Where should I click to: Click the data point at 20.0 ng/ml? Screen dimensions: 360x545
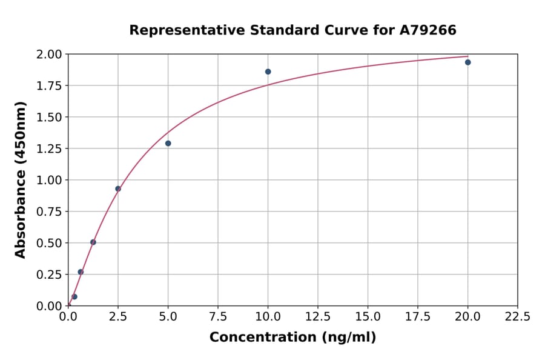point(467,62)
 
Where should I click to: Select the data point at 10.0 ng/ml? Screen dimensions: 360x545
point(268,72)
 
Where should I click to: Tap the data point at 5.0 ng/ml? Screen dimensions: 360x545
point(168,144)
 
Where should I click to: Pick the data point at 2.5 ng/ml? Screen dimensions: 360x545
point(118,188)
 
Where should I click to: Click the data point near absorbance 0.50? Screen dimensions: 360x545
point(93,242)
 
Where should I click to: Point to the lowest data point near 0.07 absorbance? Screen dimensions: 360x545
point(74,297)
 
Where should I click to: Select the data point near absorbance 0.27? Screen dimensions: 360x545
point(81,272)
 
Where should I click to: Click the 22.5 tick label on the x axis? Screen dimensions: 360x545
point(517,317)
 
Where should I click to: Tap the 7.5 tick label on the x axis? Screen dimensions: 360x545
point(218,317)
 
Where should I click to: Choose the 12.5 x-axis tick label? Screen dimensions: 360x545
point(318,317)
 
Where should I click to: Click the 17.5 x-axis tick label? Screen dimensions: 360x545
point(418,317)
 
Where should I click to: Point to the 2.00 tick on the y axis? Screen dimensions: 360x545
point(49,55)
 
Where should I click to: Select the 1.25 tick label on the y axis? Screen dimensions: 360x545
point(49,148)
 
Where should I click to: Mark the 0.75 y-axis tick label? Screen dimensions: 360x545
point(49,212)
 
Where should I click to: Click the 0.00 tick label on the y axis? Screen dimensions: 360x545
point(49,306)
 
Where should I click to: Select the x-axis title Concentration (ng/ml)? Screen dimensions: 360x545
point(292,338)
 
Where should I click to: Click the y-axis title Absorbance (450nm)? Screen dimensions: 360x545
point(21,180)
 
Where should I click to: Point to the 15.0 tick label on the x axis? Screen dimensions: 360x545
point(368,317)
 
